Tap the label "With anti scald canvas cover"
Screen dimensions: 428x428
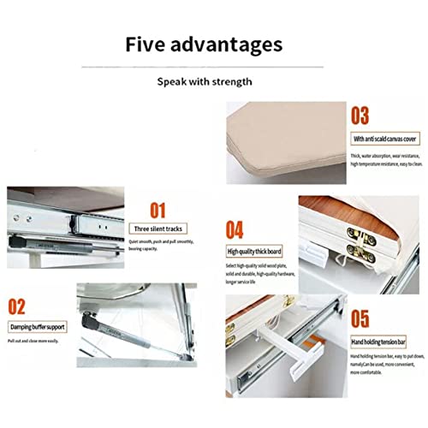coord(384,139)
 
